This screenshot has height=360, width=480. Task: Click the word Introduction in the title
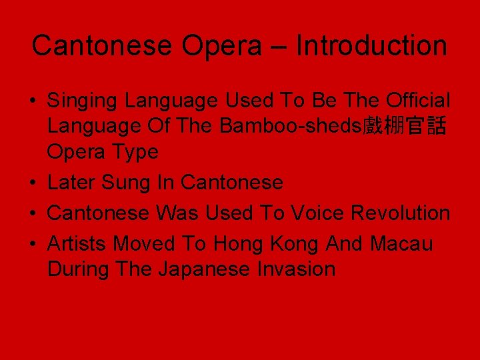(371, 46)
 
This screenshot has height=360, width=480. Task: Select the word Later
(71, 182)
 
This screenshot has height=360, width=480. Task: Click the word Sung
(124, 182)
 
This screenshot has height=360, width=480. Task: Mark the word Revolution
(401, 213)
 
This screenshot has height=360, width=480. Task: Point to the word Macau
(401, 244)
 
